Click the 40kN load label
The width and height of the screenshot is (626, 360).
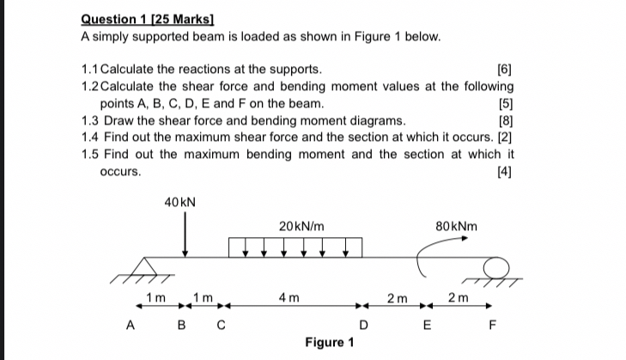click(179, 202)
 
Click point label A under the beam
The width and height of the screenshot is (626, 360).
click(131, 325)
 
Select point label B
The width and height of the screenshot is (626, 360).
click(181, 325)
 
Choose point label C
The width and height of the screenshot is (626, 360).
click(222, 325)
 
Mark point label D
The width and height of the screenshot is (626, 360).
click(364, 325)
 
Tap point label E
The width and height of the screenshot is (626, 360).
click(427, 325)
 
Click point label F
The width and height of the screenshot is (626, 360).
click(491, 325)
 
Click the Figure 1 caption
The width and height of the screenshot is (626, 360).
click(329, 343)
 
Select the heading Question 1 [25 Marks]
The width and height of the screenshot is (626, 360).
click(147, 17)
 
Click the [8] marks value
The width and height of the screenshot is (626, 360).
click(505, 120)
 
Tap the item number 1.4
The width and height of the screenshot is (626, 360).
click(89, 137)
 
